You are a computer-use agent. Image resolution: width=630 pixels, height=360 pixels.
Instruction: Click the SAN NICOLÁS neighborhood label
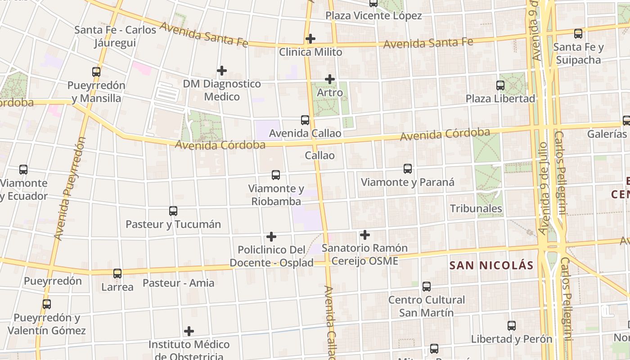491,265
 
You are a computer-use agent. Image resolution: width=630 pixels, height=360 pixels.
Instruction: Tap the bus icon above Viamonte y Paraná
407,169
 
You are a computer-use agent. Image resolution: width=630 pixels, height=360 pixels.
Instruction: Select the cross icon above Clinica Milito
310,39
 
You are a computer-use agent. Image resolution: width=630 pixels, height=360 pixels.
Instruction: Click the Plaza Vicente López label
373,16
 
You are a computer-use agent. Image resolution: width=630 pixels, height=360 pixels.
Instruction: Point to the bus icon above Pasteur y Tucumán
173,211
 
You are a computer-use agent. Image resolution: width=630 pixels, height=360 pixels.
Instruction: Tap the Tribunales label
476,208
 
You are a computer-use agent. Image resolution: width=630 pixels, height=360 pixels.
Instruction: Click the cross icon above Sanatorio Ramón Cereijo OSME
364,235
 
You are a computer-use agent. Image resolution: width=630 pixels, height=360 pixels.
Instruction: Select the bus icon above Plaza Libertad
500,85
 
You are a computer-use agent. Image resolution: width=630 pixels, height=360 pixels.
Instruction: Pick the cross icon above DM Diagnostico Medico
221,71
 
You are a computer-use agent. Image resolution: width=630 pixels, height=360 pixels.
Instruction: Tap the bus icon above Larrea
117,273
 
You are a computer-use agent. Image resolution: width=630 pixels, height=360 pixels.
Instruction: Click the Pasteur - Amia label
178,283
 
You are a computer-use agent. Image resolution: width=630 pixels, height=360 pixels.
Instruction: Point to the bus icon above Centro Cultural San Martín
426,286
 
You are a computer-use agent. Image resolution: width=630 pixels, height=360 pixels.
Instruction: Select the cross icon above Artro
330,79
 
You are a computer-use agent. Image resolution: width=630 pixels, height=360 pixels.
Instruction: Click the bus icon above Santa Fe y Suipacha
578,33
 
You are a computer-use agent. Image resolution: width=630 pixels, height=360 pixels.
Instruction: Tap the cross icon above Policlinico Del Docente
271,236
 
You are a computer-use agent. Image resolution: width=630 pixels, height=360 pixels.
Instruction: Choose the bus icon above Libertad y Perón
511,326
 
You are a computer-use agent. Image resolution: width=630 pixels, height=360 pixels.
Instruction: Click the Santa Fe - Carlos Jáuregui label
115,36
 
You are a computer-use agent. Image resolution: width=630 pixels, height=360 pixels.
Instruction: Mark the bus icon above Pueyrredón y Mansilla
96,72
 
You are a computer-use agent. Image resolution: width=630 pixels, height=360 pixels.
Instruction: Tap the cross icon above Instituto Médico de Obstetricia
189,332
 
